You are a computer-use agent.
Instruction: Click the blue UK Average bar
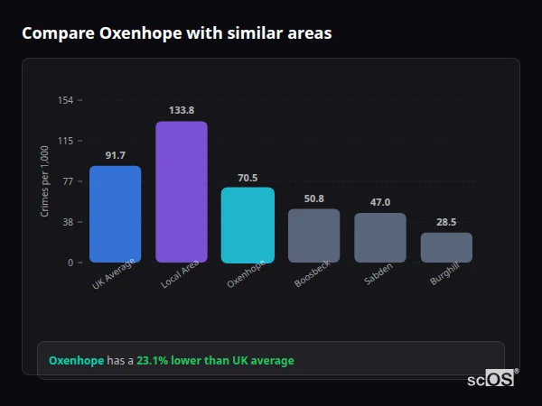point(115,214)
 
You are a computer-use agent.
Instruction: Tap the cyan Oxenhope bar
point(248,225)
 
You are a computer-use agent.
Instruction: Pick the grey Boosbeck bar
point(314,235)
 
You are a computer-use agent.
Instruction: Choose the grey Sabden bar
point(380,237)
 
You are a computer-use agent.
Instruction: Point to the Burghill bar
point(446,247)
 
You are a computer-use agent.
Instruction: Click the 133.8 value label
point(182,110)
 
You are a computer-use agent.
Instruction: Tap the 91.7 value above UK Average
point(115,155)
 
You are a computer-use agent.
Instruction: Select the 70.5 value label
point(248,177)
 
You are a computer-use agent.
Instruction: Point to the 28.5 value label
point(446,222)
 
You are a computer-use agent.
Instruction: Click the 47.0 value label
point(380,202)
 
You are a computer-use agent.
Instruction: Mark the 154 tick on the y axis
point(65,100)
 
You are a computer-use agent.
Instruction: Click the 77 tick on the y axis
point(68,181)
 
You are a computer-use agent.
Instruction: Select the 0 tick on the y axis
point(70,263)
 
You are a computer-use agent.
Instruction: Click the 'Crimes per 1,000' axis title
point(45,181)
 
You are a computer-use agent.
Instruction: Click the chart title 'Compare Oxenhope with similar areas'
point(176,33)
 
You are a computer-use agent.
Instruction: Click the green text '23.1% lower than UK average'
point(215,361)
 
